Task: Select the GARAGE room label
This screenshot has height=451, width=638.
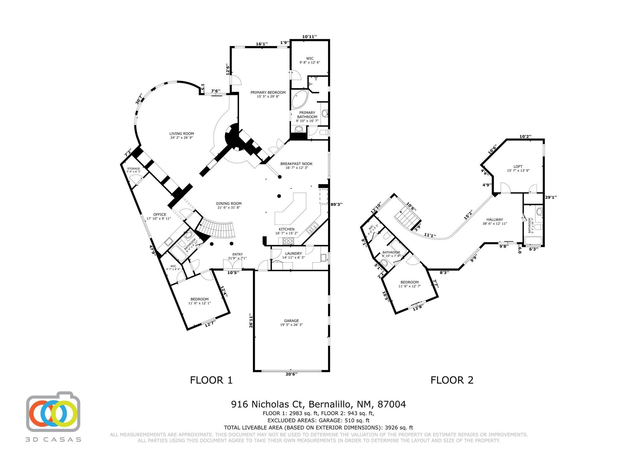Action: pyautogui.click(x=291, y=321)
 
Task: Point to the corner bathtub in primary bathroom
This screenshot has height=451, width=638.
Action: pyautogui.click(x=299, y=99)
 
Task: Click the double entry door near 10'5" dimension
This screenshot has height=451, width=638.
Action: pyautogui.click(x=233, y=264)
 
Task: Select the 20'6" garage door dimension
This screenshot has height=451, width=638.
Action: pyautogui.click(x=291, y=374)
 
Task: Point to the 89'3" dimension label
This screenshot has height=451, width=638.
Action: pyautogui.click(x=336, y=204)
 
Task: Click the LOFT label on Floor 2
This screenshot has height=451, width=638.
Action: pyautogui.click(x=518, y=167)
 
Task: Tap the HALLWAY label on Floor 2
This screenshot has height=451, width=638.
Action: pyautogui.click(x=495, y=220)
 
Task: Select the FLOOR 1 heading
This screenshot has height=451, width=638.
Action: pyautogui.click(x=211, y=380)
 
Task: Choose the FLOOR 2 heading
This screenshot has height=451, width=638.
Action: pyautogui.click(x=452, y=380)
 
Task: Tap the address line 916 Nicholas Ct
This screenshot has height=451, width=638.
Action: pyautogui.click(x=318, y=404)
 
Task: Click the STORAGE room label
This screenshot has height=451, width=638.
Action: pyautogui.click(x=133, y=169)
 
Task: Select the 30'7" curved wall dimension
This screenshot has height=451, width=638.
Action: pyautogui.click(x=139, y=99)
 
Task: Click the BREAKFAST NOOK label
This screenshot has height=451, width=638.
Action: pyautogui.click(x=296, y=164)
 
